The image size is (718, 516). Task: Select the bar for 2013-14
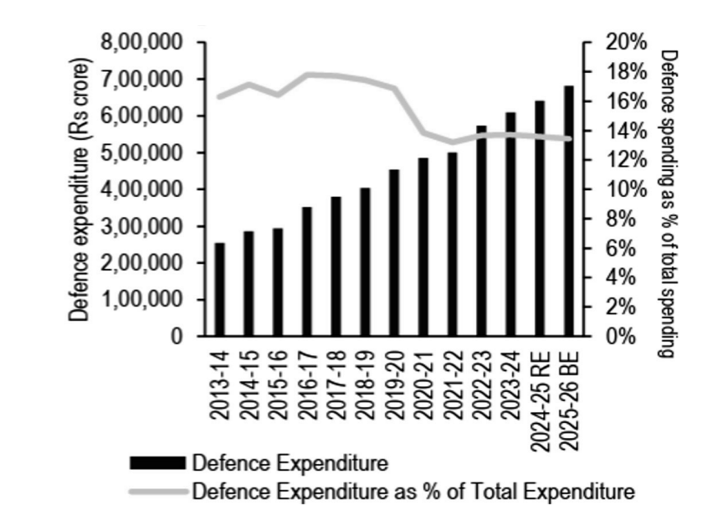pyautogui.click(x=219, y=290)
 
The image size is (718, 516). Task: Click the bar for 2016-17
pyautogui.click(x=307, y=272)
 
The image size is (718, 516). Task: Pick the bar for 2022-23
pyautogui.click(x=481, y=231)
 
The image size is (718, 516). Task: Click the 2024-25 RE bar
pyautogui.click(x=540, y=219)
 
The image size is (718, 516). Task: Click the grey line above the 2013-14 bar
pyautogui.click(x=219, y=97)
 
